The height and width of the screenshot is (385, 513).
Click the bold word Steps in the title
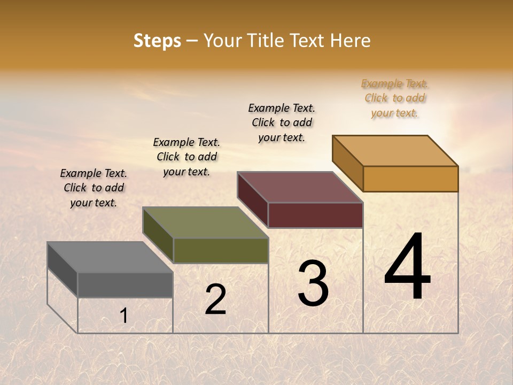point(157,41)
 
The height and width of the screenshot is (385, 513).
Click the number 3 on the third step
point(313,283)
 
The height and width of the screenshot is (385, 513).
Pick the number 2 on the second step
point(215,299)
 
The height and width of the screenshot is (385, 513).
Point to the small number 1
point(123,316)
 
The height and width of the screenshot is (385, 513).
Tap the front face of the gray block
point(125,285)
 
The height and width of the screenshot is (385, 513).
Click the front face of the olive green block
point(221,251)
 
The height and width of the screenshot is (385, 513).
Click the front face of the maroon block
point(315,215)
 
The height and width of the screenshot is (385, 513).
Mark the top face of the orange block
point(395,151)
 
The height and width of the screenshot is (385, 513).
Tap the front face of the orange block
point(410,179)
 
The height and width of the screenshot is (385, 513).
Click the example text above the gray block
point(94,188)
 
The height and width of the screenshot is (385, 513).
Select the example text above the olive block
point(186,157)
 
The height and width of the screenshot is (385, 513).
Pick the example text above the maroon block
point(282,122)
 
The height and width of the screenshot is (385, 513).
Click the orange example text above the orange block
point(394,98)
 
